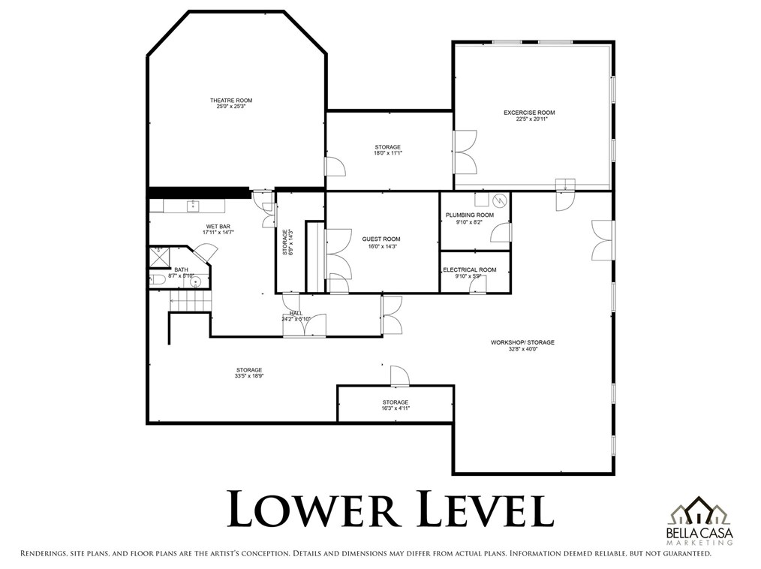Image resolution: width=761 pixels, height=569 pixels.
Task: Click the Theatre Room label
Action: click(x=230, y=101)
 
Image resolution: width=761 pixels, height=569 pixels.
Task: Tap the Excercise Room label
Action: click(x=529, y=113)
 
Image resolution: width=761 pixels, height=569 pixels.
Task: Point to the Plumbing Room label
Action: click(x=469, y=215)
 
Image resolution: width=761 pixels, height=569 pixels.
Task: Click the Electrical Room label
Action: click(x=469, y=269)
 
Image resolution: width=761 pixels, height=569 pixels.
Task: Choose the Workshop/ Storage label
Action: click(x=522, y=342)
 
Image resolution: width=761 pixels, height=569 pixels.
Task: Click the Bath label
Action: click(x=182, y=269)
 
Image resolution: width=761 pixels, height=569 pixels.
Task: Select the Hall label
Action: click(x=296, y=313)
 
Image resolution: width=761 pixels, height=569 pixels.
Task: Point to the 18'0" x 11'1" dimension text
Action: click(x=388, y=154)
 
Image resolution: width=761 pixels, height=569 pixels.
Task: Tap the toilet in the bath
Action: click(x=158, y=280)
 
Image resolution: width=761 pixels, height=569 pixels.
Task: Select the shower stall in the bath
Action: click(x=159, y=257)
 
